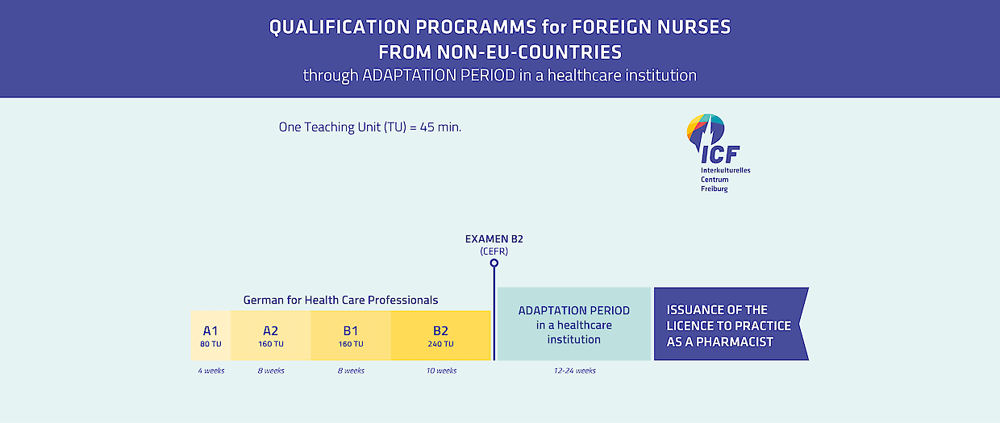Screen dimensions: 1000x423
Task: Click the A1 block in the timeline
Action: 210,335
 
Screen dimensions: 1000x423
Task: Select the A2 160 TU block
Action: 271,335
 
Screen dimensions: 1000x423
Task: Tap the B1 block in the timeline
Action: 351,335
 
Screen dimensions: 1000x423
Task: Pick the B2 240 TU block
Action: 440,335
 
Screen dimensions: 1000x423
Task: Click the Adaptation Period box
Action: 574,324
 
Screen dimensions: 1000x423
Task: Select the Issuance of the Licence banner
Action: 731,324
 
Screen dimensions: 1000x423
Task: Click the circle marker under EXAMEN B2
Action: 494,263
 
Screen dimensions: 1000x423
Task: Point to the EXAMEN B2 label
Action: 494,239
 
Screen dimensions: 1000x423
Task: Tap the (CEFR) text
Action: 494,251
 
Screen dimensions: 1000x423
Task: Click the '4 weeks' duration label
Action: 211,371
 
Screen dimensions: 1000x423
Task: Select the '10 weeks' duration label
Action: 441,371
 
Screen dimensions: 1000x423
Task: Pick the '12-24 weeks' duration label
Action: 574,371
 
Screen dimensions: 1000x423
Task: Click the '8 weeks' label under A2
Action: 271,371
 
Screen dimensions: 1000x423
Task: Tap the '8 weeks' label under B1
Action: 351,371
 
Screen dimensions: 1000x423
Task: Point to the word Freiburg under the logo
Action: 715,189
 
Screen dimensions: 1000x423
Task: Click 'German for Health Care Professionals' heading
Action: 340,300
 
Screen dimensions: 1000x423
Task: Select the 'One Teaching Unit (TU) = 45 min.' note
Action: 370,127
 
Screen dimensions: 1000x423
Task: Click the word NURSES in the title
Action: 694,27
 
